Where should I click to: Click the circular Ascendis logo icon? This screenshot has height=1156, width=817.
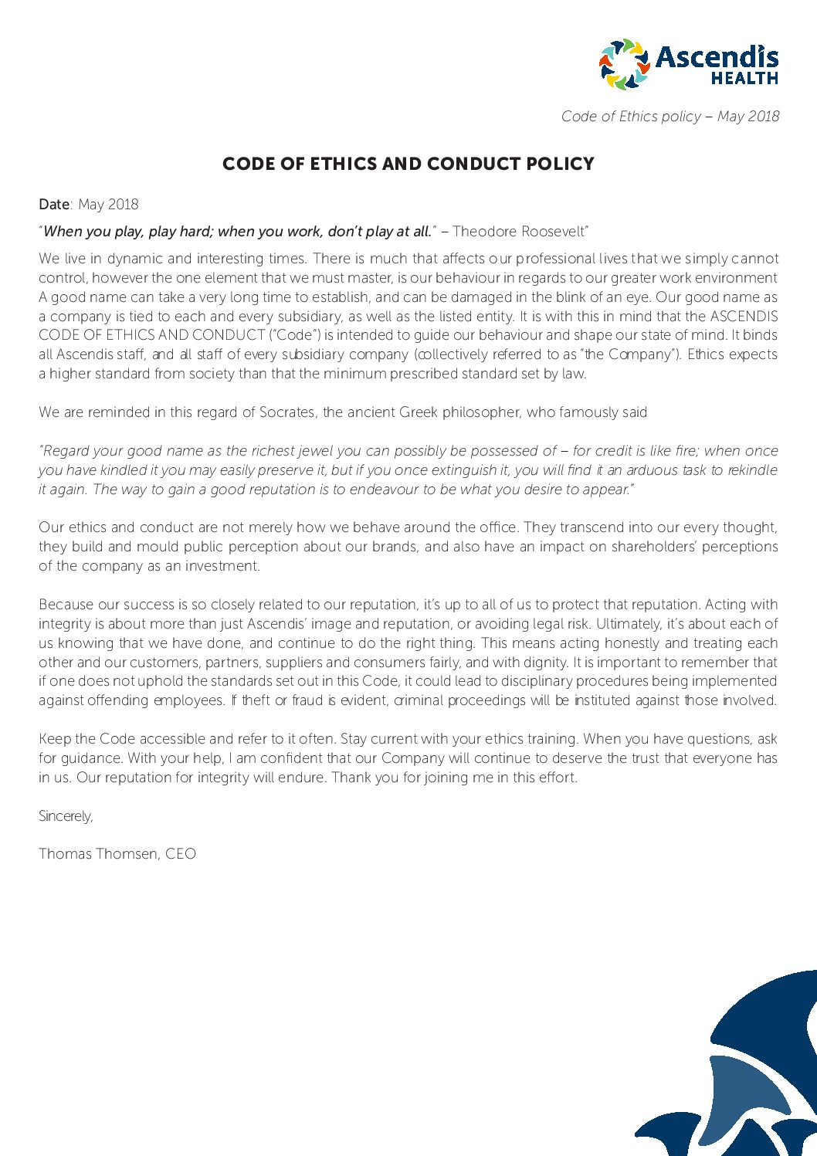(x=625, y=63)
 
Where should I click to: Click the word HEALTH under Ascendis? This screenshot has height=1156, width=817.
(x=744, y=78)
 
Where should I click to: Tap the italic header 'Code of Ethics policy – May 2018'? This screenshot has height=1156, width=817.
(x=670, y=117)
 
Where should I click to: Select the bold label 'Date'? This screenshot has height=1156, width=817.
(x=54, y=205)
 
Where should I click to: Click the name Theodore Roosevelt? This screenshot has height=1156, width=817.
(x=519, y=232)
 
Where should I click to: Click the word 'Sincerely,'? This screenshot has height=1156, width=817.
(x=66, y=816)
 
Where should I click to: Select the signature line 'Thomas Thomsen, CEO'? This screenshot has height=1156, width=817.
(x=117, y=854)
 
